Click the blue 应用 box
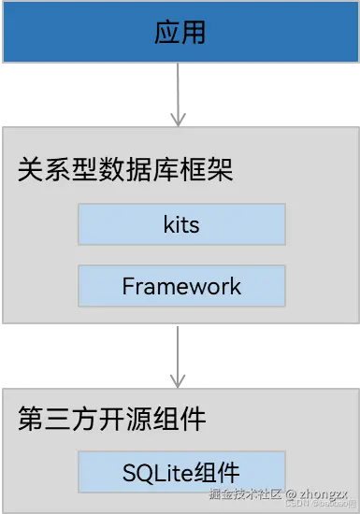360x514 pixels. tap(180, 33)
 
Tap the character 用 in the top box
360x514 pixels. tap(194, 34)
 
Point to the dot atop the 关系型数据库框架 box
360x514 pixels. tap(173, 120)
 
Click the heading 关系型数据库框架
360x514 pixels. tap(125, 171)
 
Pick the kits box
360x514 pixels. tap(180, 225)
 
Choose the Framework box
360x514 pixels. tap(180, 286)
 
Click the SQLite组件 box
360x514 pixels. tap(180, 472)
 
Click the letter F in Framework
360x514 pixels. tap(127, 286)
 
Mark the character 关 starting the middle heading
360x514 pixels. tap(29, 171)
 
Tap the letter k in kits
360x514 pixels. tap(167, 225)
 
